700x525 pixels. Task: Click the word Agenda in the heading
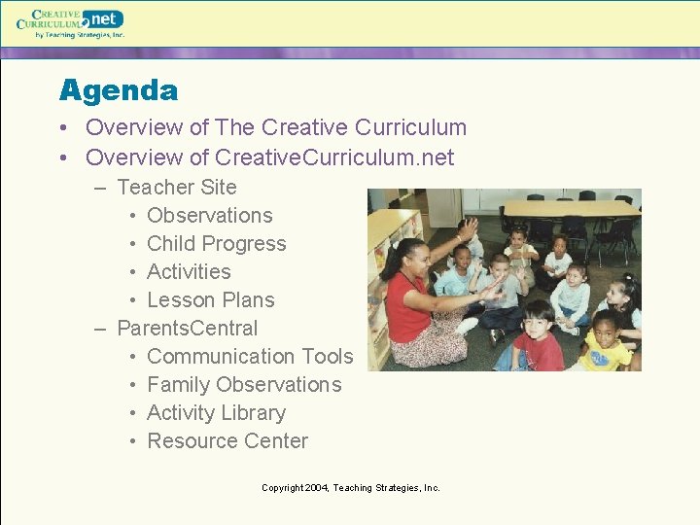pos(118,90)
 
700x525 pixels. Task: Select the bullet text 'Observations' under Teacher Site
pos(209,216)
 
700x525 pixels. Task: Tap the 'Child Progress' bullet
pos(216,244)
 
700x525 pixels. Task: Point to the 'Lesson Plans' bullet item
pos(210,300)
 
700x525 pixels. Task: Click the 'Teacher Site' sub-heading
pos(176,188)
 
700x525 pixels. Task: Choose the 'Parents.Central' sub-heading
pos(187,329)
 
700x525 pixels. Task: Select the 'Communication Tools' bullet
pos(250,357)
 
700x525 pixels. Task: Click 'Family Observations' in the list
pos(244,385)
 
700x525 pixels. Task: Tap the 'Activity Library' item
pos(216,413)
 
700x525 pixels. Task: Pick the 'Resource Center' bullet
pos(227,441)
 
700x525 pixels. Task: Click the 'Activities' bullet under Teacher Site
pos(189,272)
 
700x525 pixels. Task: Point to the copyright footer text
pos(350,488)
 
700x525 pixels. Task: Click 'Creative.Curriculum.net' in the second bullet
pos(334,157)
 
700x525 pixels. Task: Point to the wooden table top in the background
pos(569,208)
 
